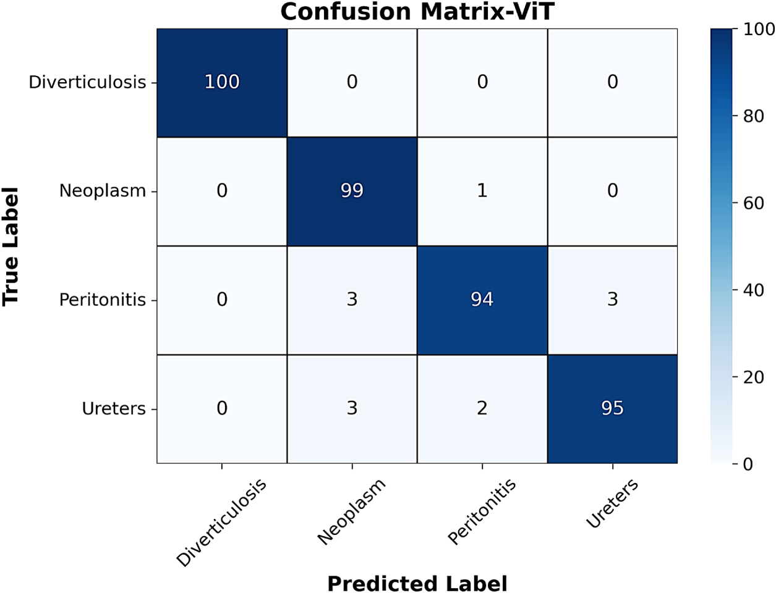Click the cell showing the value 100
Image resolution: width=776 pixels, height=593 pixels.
coord(221,83)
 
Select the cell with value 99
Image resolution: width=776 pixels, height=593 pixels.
coord(352,191)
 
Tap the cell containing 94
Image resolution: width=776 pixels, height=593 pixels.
coord(482,300)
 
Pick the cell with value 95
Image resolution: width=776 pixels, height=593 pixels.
coord(612,409)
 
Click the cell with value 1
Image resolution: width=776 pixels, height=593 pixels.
coord(482,191)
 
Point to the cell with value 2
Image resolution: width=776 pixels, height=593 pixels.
coord(482,409)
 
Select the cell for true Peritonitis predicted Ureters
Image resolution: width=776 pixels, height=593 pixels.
coord(612,300)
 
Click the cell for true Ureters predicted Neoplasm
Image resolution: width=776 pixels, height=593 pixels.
coord(352,409)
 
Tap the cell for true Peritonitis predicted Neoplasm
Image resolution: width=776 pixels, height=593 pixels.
coord(352,300)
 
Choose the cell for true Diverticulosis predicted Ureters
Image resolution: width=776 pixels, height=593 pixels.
coord(612,83)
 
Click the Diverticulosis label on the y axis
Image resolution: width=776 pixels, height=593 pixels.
coord(87,82)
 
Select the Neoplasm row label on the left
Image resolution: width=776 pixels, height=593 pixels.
coord(103,191)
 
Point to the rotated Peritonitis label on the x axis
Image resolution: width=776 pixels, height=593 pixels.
coord(482,511)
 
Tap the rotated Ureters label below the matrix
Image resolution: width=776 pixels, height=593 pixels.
coord(612,503)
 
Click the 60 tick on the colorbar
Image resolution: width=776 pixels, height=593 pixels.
coord(754,203)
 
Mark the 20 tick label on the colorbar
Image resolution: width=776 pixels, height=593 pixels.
coord(754,377)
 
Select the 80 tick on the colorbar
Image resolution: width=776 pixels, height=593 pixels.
coord(754,116)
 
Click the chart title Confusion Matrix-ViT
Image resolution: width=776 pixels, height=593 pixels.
coord(417,12)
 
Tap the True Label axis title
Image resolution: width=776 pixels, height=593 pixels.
coord(11,246)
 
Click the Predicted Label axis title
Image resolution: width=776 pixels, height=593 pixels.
coord(417,582)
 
